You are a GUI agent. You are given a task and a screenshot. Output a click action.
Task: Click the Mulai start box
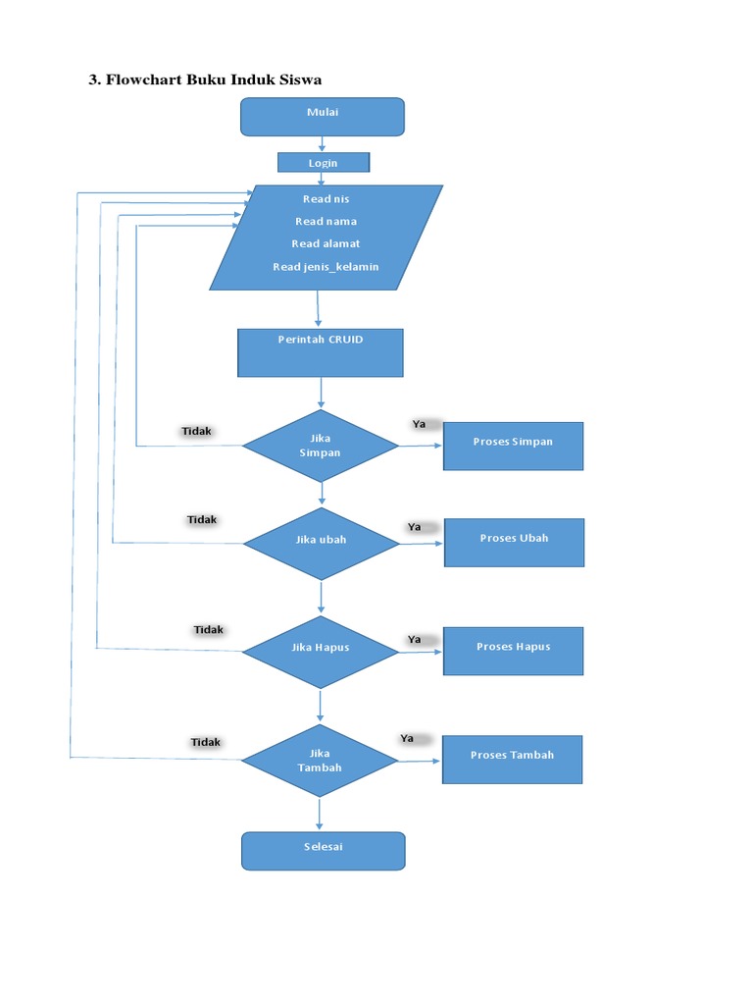coord(322,116)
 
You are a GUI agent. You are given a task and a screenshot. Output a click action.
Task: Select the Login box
coord(323,163)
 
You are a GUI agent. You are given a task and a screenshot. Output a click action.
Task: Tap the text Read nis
coord(326,199)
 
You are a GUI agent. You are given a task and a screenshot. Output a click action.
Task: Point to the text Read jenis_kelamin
coord(326,267)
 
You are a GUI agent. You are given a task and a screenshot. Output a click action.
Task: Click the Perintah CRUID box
coord(320,352)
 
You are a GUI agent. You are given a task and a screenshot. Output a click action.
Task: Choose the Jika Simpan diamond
coord(320,446)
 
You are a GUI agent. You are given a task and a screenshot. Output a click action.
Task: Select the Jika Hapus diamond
coord(320,649)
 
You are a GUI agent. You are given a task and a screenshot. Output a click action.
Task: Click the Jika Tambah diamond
coord(320,761)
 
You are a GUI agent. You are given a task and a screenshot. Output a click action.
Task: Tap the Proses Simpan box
coord(513,446)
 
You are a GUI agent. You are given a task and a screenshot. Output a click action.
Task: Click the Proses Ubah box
coord(514,542)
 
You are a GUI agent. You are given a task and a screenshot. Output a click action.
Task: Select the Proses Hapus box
coord(513,650)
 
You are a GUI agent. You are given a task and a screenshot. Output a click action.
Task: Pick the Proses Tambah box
coord(512,759)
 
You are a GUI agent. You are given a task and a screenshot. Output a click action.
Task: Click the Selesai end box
coord(323,850)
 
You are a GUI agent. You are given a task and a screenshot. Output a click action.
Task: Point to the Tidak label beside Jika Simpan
coord(197,431)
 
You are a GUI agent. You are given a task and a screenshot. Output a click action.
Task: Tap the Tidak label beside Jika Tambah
coord(206,742)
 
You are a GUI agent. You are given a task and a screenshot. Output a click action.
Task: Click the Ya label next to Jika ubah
coord(415,527)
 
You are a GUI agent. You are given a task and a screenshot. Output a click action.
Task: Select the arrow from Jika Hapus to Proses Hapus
coord(421,650)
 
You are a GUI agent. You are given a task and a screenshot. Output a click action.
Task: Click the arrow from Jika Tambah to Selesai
coord(320,813)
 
